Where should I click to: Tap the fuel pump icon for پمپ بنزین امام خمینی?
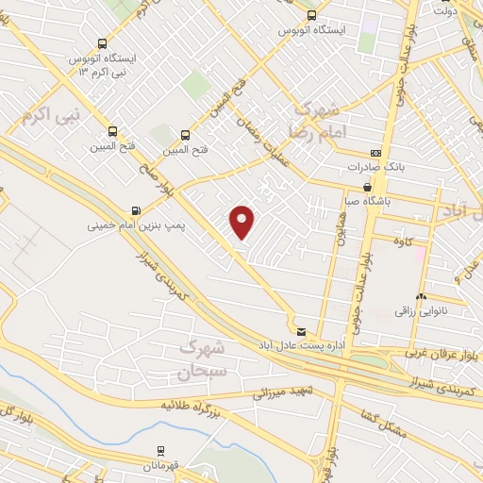coord(138,209)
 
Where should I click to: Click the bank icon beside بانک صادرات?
coord(376,153)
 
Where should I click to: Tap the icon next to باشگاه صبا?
coord(367,187)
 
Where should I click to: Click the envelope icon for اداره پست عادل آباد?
coord(301,331)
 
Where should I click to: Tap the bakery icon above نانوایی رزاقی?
coord(421,297)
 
